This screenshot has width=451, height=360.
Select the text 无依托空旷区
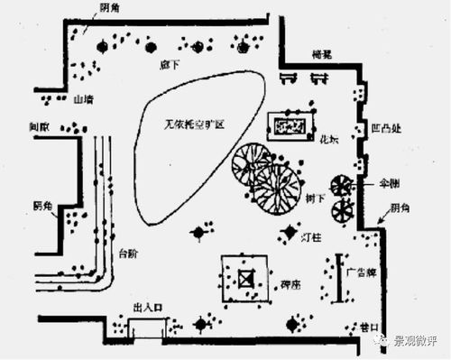click(x=190, y=121)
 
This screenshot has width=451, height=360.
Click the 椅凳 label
click(x=319, y=55)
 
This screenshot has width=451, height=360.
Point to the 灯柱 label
click(x=312, y=237)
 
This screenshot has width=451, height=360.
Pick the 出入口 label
click(x=146, y=308)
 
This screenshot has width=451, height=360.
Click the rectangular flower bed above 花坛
click(x=290, y=125)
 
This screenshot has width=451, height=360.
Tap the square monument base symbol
click(x=245, y=280)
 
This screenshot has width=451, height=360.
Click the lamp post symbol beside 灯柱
click(x=289, y=233)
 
